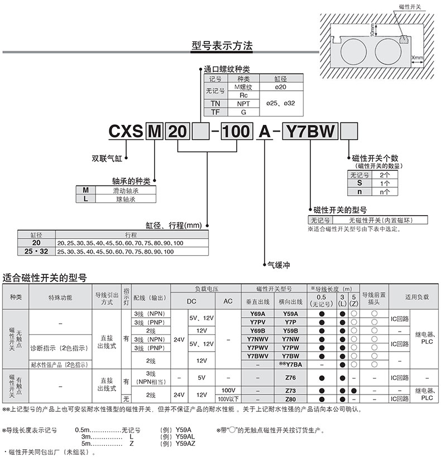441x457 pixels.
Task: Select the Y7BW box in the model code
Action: click(311, 133)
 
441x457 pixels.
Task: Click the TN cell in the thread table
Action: click(215, 104)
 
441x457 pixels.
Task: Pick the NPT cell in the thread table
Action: click(243, 104)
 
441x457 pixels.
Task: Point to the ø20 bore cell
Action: click(281, 87)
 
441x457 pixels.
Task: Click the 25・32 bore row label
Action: click(36, 251)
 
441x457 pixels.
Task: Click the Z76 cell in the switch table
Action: click(290, 378)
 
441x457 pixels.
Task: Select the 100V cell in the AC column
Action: click(228, 390)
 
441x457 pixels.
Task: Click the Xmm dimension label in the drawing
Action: click(417, 57)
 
